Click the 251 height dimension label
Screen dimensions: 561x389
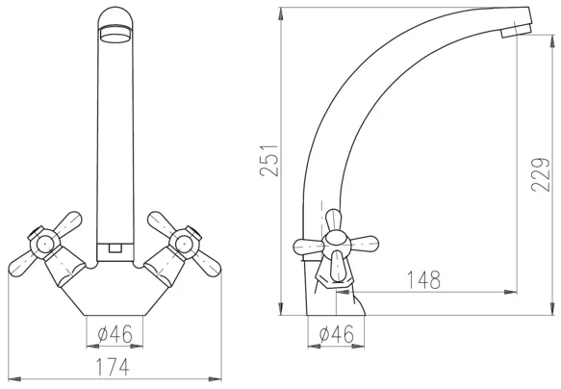(x=269, y=161)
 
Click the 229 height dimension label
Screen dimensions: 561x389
(x=541, y=175)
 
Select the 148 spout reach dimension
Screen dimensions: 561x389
(x=424, y=279)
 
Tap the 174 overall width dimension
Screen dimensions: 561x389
(x=112, y=367)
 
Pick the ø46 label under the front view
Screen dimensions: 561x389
(x=115, y=334)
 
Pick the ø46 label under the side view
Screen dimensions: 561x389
(x=336, y=334)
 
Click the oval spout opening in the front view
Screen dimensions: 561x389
(x=115, y=35)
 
